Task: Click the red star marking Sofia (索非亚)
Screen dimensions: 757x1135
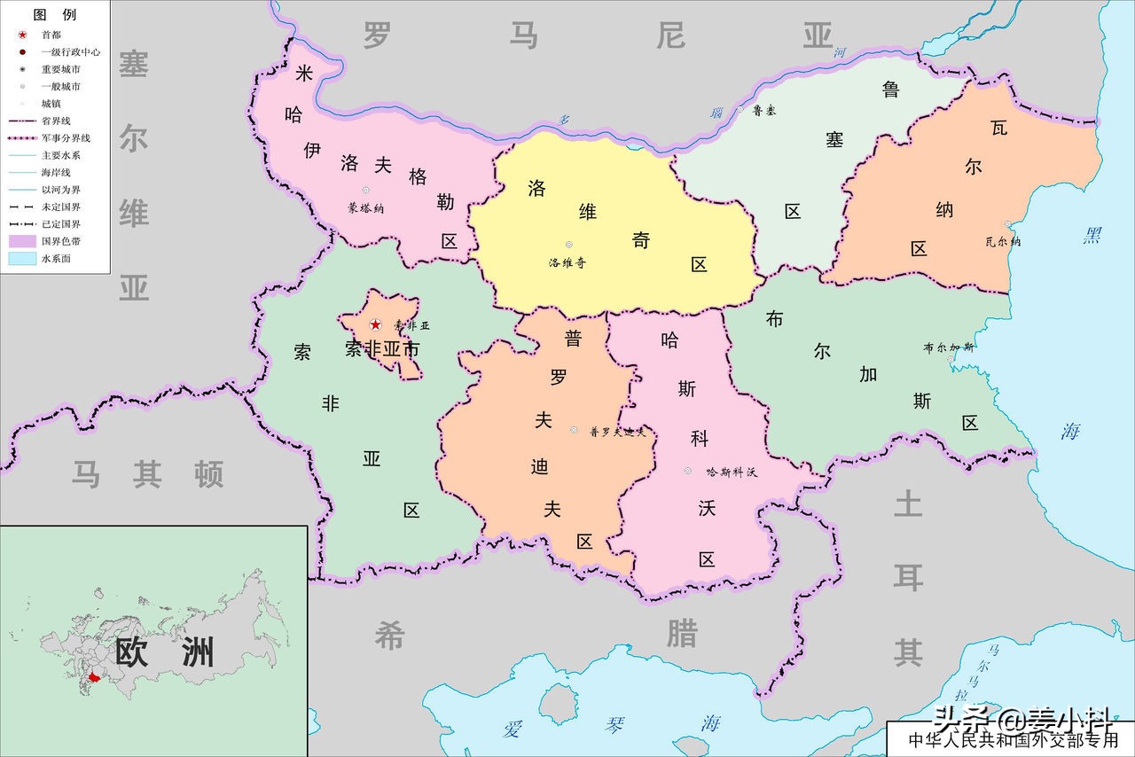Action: coord(375,325)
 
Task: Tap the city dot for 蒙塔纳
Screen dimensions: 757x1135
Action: coord(365,191)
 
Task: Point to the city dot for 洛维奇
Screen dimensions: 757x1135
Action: coord(568,245)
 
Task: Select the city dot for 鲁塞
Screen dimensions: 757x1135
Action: coord(740,109)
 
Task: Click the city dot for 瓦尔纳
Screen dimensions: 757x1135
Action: coord(1007,224)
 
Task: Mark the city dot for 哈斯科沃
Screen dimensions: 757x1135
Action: coord(687,471)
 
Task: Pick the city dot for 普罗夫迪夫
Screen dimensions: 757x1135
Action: coord(574,430)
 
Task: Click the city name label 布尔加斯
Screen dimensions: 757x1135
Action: coord(948,347)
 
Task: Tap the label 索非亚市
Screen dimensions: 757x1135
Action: coord(381,349)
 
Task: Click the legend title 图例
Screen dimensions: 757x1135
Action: coord(54,15)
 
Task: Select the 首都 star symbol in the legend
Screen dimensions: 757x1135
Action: coord(21,35)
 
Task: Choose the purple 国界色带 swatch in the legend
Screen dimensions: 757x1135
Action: coord(21,241)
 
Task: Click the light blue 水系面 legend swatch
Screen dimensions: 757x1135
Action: coord(21,259)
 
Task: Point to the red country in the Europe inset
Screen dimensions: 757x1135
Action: coord(94,678)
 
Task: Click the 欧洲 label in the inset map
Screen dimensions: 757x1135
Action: coord(165,652)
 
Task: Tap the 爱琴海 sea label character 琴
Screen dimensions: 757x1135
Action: coord(614,725)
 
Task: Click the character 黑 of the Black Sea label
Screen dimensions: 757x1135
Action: coord(1092,236)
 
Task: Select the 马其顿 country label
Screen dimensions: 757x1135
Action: coord(147,475)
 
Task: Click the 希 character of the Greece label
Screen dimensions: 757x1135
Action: coord(389,635)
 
